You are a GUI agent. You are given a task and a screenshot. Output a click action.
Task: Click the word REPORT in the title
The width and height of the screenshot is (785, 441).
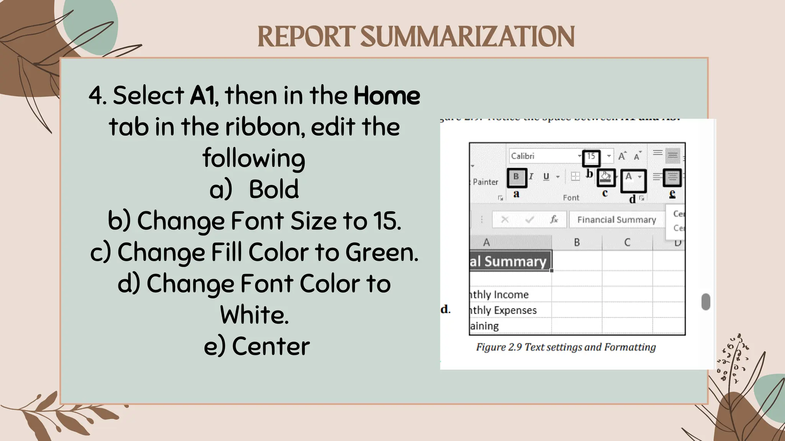click(306, 37)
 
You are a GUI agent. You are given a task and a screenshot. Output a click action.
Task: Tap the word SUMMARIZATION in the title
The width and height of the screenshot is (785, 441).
click(467, 37)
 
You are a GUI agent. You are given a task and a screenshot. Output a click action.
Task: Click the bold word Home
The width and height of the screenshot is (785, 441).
click(386, 96)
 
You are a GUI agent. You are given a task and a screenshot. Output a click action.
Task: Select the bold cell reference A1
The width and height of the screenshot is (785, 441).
click(203, 96)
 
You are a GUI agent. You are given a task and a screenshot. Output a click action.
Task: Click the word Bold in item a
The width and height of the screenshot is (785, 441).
click(274, 189)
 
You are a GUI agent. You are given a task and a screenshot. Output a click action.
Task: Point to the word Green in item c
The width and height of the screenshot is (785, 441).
click(381, 252)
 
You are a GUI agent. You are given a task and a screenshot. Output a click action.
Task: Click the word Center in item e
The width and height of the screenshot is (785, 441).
click(271, 346)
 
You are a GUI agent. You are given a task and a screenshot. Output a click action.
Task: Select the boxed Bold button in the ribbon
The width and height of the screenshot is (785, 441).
click(516, 177)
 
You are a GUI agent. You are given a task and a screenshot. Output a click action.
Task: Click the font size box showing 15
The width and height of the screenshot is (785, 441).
click(591, 156)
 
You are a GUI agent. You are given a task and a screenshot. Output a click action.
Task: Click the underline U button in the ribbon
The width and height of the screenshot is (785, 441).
click(546, 176)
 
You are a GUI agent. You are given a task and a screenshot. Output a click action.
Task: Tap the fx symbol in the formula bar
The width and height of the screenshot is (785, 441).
click(554, 219)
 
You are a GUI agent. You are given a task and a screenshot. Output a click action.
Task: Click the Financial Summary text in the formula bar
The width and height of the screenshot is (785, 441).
click(616, 220)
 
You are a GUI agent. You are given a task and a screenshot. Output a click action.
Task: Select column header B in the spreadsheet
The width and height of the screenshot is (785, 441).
click(576, 242)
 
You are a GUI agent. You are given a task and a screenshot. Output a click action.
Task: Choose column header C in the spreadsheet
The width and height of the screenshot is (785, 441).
click(627, 242)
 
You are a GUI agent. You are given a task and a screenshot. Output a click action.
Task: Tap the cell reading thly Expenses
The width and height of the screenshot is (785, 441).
click(504, 310)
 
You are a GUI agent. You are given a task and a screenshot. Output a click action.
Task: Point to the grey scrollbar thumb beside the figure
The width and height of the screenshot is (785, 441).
click(706, 302)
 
